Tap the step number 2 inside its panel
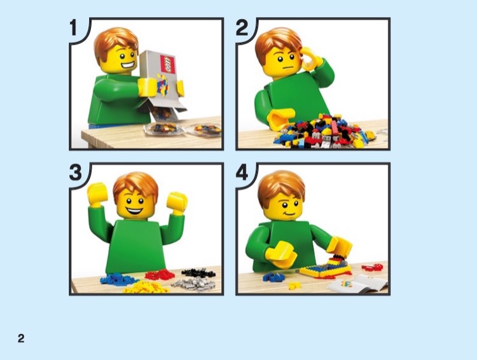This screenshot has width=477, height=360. pos(243,29)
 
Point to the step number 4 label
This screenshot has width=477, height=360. pos(243,174)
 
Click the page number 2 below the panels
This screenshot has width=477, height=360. pos(21,338)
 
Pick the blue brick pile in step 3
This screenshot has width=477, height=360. pos(118,278)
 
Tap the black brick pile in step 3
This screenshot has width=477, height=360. pos(198,272)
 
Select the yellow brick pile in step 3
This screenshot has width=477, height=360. pos(146,287)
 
